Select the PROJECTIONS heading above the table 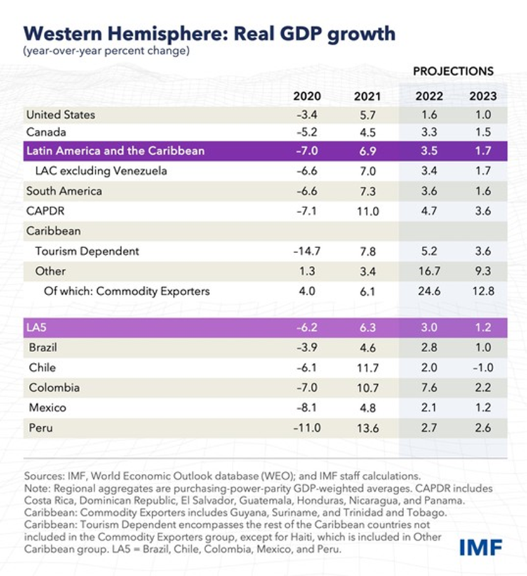click(452, 71)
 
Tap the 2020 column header click(306, 97)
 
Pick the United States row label click(61, 115)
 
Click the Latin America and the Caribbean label click(115, 151)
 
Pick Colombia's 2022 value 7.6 click(429, 388)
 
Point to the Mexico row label click(48, 408)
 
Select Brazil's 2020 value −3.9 click(307, 348)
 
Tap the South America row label click(64, 191)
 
